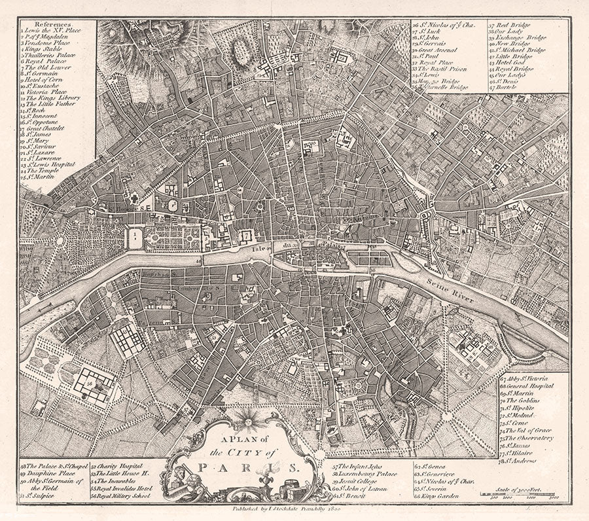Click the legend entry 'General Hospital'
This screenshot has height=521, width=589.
(x=527, y=386)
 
